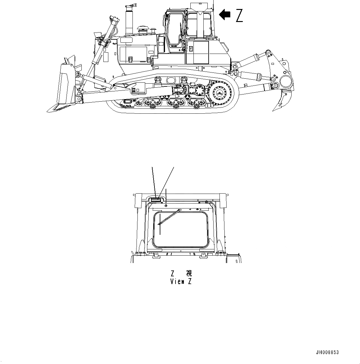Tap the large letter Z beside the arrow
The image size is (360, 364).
click(x=239, y=15)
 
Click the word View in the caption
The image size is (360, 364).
click(x=177, y=282)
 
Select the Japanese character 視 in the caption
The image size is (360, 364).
click(x=189, y=273)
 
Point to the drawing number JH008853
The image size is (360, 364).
click(x=327, y=353)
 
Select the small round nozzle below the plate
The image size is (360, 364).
click(x=166, y=205)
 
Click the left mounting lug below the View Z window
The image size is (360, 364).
click(x=156, y=255)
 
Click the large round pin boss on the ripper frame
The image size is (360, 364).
click(x=286, y=82)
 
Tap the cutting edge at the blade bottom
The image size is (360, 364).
click(x=59, y=107)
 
